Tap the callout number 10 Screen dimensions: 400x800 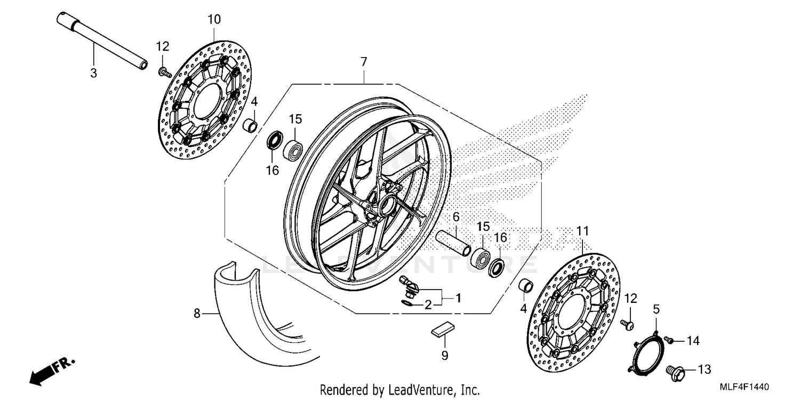[x=213, y=20]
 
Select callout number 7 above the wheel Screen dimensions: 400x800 [x=364, y=62]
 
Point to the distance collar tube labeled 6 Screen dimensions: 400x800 [x=453, y=242]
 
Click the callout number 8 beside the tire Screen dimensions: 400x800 [x=197, y=314]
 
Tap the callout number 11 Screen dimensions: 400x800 [x=582, y=231]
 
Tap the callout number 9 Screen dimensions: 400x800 [x=445, y=355]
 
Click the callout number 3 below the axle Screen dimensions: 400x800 [x=94, y=73]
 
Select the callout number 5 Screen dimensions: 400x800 [x=656, y=309]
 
